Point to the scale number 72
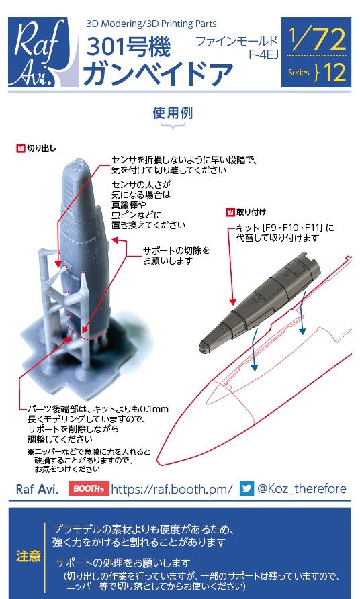point(328,42)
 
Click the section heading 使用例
point(173,113)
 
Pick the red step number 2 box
point(230,212)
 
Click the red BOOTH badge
point(88,488)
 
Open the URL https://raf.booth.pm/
point(171,488)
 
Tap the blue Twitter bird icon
point(246,488)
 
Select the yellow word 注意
point(28,557)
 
